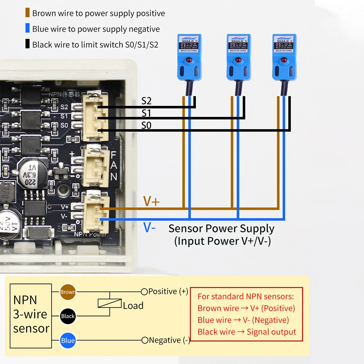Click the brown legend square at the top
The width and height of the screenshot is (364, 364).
point(27,13)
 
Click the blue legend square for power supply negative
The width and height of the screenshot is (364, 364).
point(27,29)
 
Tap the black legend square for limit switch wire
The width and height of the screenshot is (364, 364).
point(27,45)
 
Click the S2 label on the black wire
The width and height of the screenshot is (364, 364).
point(146,102)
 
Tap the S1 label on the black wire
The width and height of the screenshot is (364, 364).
point(146,114)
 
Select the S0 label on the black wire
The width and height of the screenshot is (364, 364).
point(146,126)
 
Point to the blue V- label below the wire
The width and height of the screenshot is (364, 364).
point(150,228)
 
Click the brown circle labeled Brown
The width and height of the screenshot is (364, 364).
point(68,292)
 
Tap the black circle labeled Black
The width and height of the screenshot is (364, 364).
point(68,316)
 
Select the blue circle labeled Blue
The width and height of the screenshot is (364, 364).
point(68,341)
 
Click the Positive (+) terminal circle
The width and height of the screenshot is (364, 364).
point(144,292)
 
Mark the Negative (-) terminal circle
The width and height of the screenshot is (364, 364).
point(145,340)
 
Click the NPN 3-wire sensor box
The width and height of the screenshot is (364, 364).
point(31,316)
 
